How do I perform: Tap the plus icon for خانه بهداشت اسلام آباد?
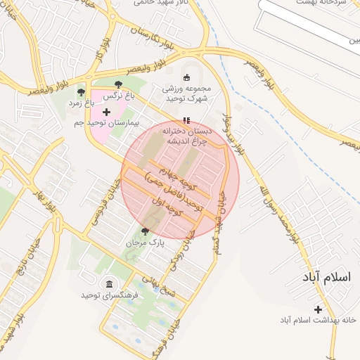(318, 309)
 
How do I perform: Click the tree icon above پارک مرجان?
(145, 231)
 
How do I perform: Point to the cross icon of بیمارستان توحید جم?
(106, 112)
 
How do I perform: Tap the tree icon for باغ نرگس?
(127, 84)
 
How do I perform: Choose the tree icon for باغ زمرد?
(82, 92)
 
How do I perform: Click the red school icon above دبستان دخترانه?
(186, 120)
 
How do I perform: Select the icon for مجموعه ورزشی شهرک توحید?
(186, 77)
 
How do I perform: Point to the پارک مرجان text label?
(145, 242)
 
